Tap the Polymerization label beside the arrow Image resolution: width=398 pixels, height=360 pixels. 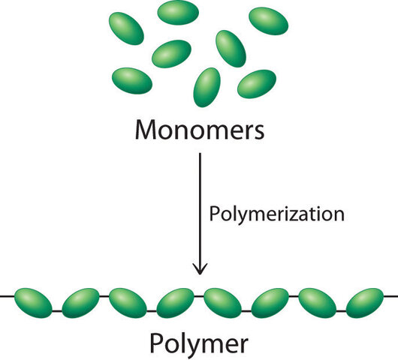275,214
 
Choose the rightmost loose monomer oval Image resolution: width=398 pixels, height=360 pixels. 269,20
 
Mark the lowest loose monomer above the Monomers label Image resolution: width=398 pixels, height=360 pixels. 206,86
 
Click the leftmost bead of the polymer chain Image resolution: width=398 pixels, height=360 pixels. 33,301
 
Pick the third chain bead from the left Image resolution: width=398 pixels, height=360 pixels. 128,301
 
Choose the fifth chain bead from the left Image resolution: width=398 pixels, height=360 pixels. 222,301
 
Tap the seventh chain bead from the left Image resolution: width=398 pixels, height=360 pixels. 318,301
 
